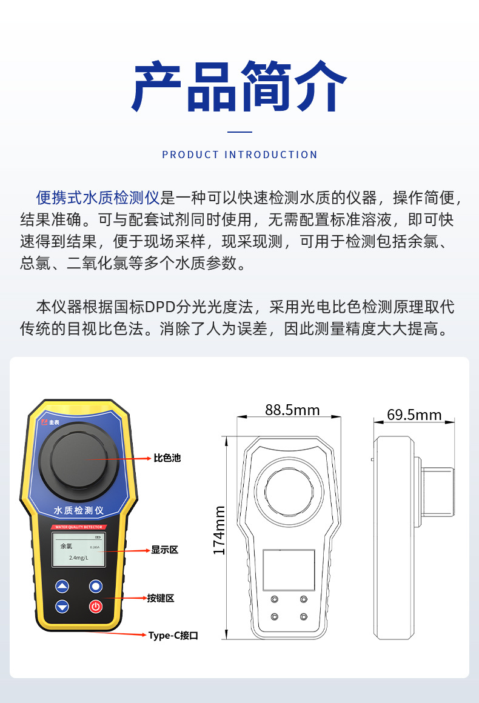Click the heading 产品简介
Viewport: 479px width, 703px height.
[x=239, y=87]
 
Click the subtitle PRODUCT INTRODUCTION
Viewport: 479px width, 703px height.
[x=239, y=155]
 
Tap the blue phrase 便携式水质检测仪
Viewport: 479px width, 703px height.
[x=97, y=198]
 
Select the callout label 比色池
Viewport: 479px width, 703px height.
[x=167, y=458]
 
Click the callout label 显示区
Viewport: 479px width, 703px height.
[x=164, y=550]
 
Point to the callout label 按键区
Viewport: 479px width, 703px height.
[x=161, y=598]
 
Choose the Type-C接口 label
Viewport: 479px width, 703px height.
[x=173, y=635]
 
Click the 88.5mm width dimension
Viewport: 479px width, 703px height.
[x=292, y=410]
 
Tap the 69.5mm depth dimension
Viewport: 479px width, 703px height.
[x=414, y=415]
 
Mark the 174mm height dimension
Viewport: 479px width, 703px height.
[x=219, y=531]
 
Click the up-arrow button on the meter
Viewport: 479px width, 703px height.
[x=62, y=586]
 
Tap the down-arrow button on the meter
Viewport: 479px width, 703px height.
[x=62, y=606]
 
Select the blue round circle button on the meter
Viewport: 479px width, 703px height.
[x=96, y=586]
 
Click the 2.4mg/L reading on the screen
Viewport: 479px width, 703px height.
[x=79, y=558]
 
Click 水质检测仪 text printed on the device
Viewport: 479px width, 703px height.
[x=79, y=511]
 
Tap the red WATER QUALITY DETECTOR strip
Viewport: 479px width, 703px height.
[x=79, y=527]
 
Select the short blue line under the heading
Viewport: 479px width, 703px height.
[x=239, y=132]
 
